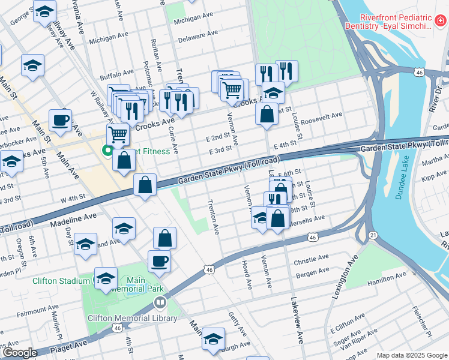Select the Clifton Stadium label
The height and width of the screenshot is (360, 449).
[x=52, y=280]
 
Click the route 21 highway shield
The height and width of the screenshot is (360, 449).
[x=373, y=235]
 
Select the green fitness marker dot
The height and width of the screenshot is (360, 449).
[x=108, y=151]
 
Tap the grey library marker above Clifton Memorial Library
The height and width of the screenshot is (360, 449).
[x=159, y=302]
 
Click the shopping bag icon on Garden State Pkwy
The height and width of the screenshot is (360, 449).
[x=145, y=185]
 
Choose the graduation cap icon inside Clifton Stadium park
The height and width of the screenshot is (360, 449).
[x=106, y=279]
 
